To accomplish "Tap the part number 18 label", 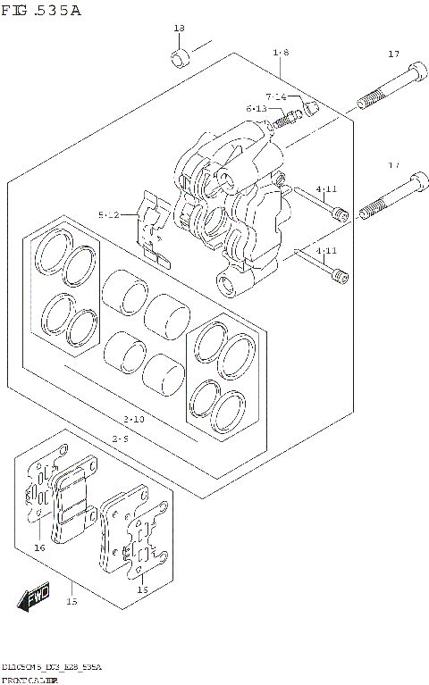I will coord(179,29).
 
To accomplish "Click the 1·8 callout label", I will coord(280,54).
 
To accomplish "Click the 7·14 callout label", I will coord(275,96).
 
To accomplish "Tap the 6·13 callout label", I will coord(257,109).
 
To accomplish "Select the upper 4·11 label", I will coord(326,189).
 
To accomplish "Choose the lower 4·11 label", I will coord(326,251).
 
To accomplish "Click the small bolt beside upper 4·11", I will coord(338,213).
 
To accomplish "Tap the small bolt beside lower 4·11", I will coord(338,278).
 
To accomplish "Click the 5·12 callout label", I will coord(112,215).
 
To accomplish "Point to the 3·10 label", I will coord(134,419).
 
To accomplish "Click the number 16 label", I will coord(39,547).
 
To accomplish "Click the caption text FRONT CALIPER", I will coord(33,680).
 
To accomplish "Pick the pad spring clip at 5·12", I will coord(153,232).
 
